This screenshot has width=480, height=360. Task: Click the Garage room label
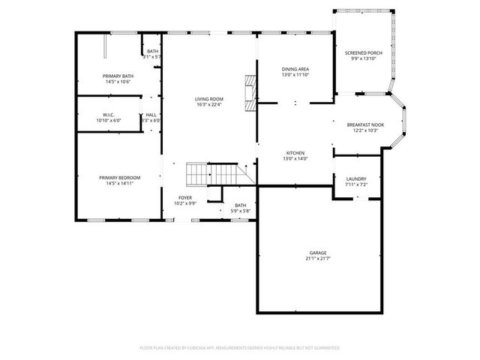pyautogui.click(x=318, y=253)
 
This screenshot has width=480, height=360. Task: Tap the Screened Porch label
pyautogui.click(x=364, y=53)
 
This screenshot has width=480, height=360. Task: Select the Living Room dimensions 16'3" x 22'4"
pyautogui.click(x=209, y=104)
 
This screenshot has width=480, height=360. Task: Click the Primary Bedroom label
pyautogui.click(x=119, y=178)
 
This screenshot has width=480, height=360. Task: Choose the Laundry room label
pyautogui.click(x=356, y=178)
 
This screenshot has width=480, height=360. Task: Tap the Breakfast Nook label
pyautogui.click(x=365, y=124)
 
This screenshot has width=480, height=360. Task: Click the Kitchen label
pyautogui.click(x=295, y=152)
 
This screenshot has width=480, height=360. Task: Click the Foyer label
pyautogui.click(x=184, y=198)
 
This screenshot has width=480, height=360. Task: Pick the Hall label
pyautogui.click(x=151, y=115)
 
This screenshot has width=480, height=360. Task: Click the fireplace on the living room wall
pyautogui.click(x=249, y=92)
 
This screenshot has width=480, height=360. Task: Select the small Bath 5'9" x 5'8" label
pyautogui.click(x=240, y=205)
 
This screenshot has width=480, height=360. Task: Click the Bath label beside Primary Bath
pyautogui.click(x=152, y=51)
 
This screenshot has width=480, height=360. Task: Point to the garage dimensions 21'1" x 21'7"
pyautogui.click(x=318, y=259)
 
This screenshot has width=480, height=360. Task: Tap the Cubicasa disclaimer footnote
pyautogui.click(x=240, y=347)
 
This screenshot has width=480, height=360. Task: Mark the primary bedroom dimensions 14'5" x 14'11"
pyautogui.click(x=119, y=183)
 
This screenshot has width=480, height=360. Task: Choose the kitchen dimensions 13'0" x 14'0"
pyautogui.click(x=295, y=158)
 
